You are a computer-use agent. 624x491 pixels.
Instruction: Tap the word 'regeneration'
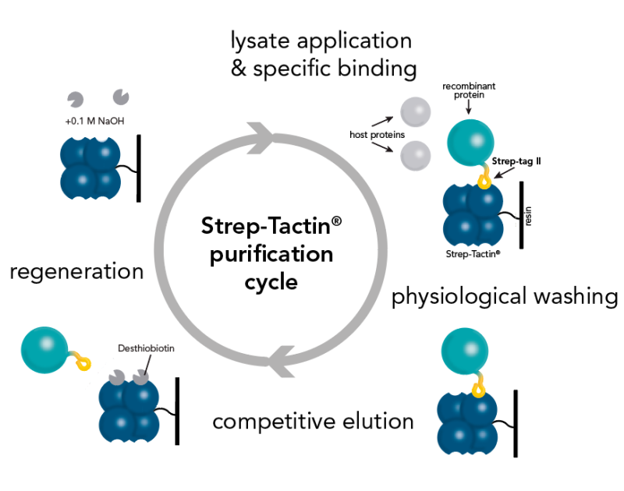pos(76,272)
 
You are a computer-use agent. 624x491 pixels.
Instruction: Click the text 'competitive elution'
pos(313,422)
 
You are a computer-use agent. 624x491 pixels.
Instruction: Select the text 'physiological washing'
pos(505,297)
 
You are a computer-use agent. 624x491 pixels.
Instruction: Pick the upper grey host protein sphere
pos(416,113)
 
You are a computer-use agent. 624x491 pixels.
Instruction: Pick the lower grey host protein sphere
pos(416,154)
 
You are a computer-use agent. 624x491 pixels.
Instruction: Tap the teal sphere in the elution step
pos(44,348)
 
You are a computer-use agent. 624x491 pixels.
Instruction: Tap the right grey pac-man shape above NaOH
pos(121,96)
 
